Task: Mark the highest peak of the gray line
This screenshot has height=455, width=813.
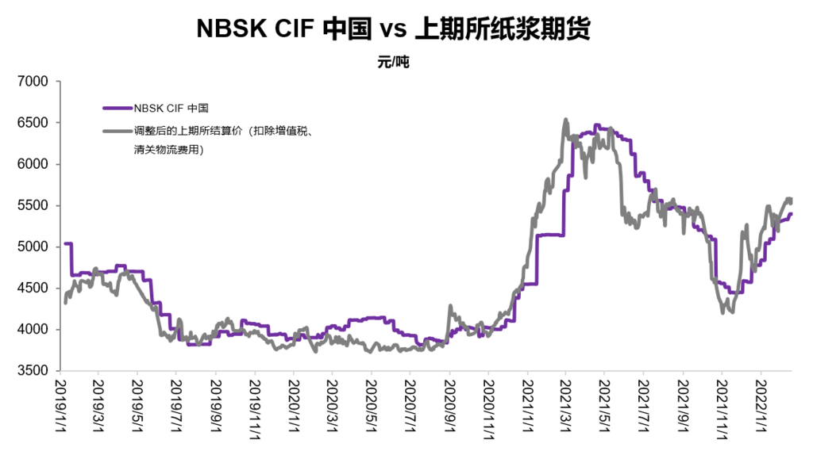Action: (565, 120)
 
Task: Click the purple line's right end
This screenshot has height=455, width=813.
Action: (791, 214)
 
